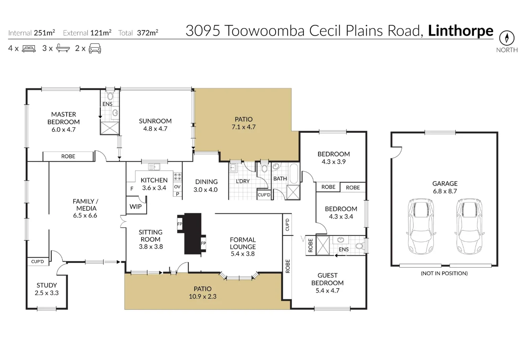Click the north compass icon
click(506, 38)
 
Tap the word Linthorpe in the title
click(461, 31)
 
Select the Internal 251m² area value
click(44, 33)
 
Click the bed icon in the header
click(29, 49)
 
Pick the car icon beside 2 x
click(95, 49)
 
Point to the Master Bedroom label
click(63, 118)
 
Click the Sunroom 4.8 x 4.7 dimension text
click(155, 128)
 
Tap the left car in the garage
click(421, 227)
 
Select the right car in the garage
click(468, 227)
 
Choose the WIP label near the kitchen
click(136, 207)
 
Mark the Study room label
click(47, 285)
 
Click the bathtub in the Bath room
click(294, 174)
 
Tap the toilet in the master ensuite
click(110, 96)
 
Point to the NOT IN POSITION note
click(444, 273)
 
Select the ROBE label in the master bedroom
click(68, 156)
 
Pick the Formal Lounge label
click(243, 243)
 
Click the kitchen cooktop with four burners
click(178, 177)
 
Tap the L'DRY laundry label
click(242, 181)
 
